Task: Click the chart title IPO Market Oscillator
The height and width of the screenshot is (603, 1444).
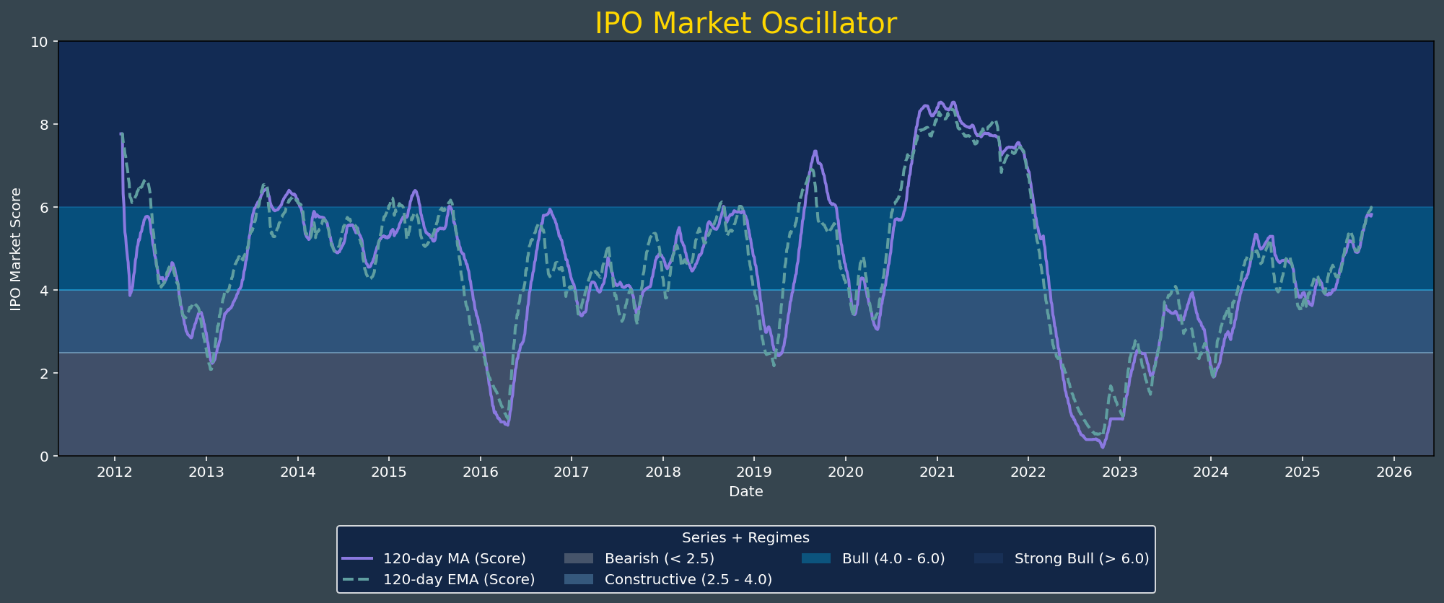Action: click(x=745, y=24)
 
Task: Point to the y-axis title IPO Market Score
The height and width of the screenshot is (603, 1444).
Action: click(x=16, y=249)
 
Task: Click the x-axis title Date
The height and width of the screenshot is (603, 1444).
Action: click(x=745, y=492)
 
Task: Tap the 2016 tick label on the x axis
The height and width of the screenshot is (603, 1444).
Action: click(x=480, y=472)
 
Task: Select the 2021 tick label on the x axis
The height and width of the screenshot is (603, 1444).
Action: click(x=937, y=472)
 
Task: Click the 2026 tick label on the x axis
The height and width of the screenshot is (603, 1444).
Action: click(x=1393, y=472)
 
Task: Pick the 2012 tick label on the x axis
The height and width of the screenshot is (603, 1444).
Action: click(x=114, y=472)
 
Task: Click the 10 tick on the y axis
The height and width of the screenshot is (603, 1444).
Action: click(x=40, y=42)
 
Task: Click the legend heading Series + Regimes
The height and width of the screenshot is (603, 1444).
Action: click(x=745, y=537)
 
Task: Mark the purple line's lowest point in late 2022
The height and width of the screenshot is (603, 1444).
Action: click(x=1102, y=447)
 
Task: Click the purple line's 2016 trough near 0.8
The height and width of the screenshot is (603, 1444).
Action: click(x=507, y=425)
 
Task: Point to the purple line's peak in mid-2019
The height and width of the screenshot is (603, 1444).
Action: click(x=815, y=151)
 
